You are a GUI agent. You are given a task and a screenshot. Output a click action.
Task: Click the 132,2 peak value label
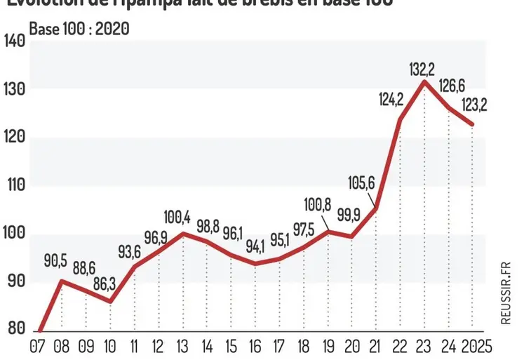[422, 69]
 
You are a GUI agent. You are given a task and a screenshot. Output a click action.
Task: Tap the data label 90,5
[55, 262]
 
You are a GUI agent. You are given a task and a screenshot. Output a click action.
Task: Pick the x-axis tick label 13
[182, 346]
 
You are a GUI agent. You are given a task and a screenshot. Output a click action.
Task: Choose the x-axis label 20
[351, 346]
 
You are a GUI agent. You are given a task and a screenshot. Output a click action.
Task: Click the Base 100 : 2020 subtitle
[79, 29]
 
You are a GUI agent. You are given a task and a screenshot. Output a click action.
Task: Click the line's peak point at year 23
[424, 82]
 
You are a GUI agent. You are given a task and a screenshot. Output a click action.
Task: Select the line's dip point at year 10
[110, 302]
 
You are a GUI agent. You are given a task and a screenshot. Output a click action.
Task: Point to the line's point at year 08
[62, 281]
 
